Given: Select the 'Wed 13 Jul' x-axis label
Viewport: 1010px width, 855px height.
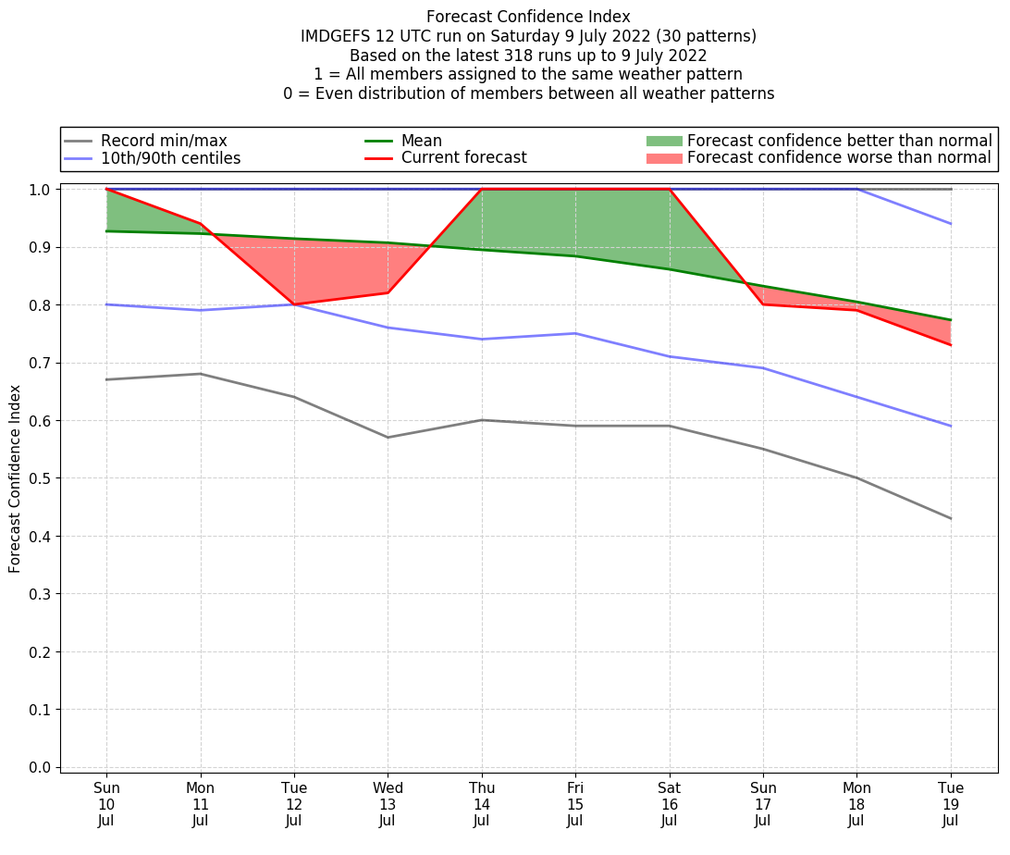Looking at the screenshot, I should pyautogui.click(x=388, y=804).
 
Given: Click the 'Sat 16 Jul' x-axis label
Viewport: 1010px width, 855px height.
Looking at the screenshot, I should pyautogui.click(x=669, y=804).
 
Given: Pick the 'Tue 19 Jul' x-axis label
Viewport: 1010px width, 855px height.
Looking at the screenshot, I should pyautogui.click(x=951, y=804).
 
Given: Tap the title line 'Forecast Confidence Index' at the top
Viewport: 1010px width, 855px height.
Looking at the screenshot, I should pyautogui.click(x=528, y=17).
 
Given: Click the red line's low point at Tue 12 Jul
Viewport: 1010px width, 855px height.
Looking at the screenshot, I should pyautogui.click(x=294, y=304).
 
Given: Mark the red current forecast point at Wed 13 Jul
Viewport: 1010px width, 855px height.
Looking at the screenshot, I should pyautogui.click(x=388, y=293).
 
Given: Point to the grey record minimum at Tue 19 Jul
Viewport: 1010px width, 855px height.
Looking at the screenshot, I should pyautogui.click(x=951, y=518).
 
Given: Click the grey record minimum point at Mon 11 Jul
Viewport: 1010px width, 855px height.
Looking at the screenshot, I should pyautogui.click(x=200, y=374).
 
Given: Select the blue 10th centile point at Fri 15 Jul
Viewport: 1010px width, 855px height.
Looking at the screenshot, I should pyautogui.click(x=575, y=333).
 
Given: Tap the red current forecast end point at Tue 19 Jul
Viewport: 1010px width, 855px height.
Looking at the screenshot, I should pyautogui.click(x=951, y=345).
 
